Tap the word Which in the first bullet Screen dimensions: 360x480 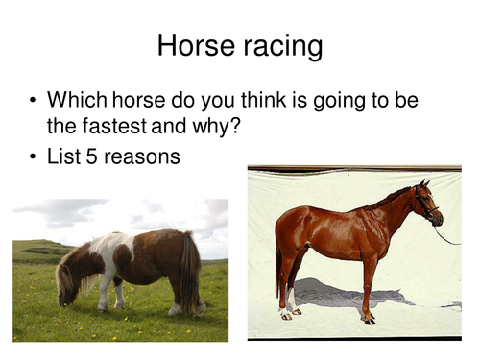tap(76, 100)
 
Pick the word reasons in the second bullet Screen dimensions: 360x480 tap(143, 155)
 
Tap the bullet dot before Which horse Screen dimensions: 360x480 tap(33, 100)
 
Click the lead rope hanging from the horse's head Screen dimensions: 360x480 tap(447, 234)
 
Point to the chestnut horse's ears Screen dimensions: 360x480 tap(421, 184)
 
